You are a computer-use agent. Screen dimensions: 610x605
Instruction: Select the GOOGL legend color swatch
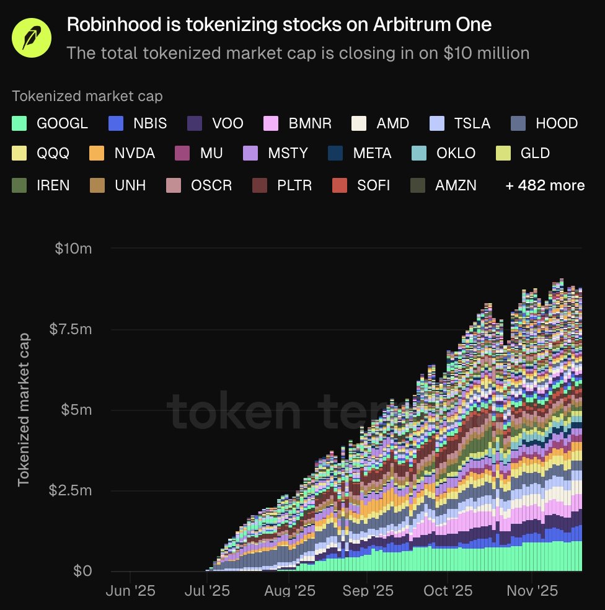coord(20,123)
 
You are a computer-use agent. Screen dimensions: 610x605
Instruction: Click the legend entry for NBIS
coord(149,123)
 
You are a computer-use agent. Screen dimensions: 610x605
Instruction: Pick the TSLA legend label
coord(472,123)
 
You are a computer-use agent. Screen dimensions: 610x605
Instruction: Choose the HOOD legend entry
coord(556,123)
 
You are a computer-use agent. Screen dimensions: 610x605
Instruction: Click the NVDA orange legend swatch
coord(97,153)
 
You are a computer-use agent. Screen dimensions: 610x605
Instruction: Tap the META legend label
coord(372,153)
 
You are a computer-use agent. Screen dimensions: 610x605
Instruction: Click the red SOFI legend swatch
coord(339,185)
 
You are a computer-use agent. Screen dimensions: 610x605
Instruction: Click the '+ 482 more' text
coord(545,185)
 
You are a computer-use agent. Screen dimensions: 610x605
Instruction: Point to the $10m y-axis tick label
coord(74,249)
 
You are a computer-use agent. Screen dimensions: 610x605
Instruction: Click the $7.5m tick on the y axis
coord(69,329)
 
